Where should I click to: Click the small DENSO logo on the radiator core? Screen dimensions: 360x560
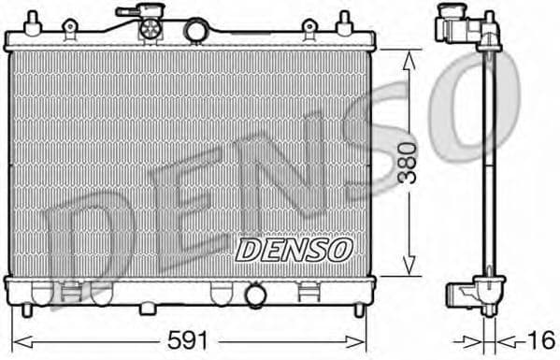coord(293,249)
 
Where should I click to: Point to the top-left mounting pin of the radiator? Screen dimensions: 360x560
coord(36,21)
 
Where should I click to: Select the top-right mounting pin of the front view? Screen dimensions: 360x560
coord(343,21)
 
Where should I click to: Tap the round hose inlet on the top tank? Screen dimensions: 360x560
coord(195,32)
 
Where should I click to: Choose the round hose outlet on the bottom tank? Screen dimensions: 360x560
coord(254,296)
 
